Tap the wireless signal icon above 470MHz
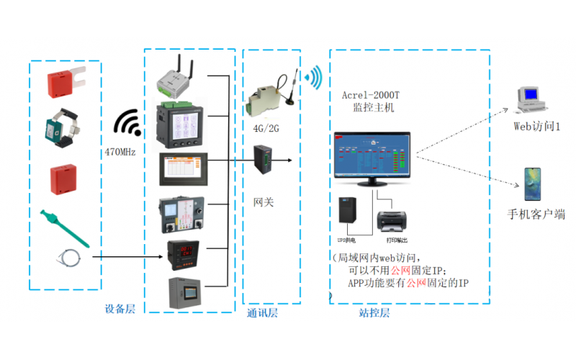pos(130,125)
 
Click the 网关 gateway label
pos(264,202)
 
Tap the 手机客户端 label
pos(536,215)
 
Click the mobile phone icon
pos(532,184)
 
